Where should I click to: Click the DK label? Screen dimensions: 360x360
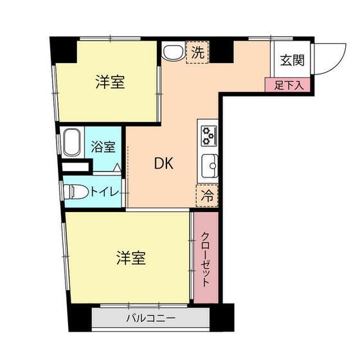(164, 163)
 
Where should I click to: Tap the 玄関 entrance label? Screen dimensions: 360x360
(292, 60)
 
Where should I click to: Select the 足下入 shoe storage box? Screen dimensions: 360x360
(288, 85)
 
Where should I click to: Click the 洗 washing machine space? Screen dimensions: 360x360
(197, 52)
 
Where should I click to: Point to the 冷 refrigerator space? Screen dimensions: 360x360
(207, 195)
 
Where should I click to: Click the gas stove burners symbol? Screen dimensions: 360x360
(209, 136)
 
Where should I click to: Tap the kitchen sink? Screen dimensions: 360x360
(210, 166)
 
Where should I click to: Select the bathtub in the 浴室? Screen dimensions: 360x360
(72, 142)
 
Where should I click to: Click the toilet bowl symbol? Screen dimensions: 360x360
(76, 192)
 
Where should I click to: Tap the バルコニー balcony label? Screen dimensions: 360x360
(150, 318)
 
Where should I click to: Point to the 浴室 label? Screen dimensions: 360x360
(103, 147)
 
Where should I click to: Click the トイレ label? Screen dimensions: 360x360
(104, 192)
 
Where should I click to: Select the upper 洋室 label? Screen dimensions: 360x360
(110, 82)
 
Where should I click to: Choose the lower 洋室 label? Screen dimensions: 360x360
(131, 258)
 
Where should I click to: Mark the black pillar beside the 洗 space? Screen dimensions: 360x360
(222, 51)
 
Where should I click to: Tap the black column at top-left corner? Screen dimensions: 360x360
(63, 50)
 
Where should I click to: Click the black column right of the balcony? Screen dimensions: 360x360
(222, 318)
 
